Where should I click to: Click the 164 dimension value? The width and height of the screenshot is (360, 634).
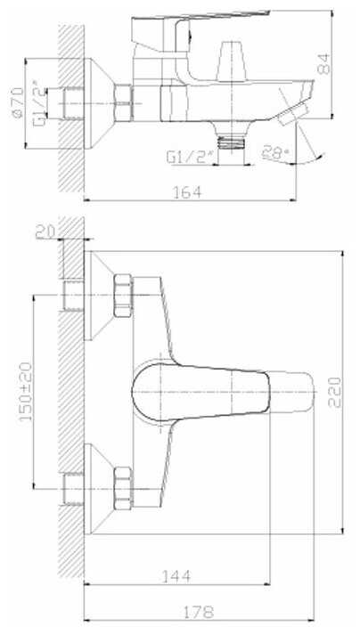pos(187,192)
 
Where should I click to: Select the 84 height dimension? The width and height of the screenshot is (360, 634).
pos(324,64)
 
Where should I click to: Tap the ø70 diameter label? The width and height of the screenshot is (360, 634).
pos(17,102)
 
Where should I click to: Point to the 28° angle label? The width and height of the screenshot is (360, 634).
pos(275,152)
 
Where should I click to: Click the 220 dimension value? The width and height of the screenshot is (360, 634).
pos(334,392)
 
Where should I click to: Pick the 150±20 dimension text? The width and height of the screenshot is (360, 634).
pos(27,392)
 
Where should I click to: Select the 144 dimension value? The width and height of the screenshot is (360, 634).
pos(176,576)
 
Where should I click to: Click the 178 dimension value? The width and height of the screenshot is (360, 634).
pos(199,612)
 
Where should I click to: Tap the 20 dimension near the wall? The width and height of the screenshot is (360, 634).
pos(45,232)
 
